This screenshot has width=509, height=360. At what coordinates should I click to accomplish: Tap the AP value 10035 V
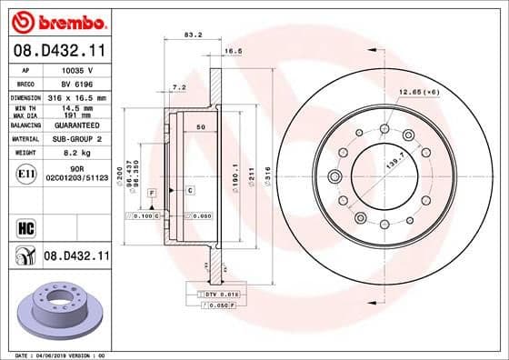point(77,69)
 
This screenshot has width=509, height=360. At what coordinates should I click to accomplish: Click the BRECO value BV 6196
point(76,83)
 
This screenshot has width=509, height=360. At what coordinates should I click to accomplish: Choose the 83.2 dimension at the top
point(193,35)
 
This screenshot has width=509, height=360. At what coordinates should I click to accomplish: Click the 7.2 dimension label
point(179,88)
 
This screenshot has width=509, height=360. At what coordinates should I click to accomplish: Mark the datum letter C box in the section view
point(190,190)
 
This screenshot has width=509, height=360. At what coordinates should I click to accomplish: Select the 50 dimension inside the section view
point(199,128)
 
